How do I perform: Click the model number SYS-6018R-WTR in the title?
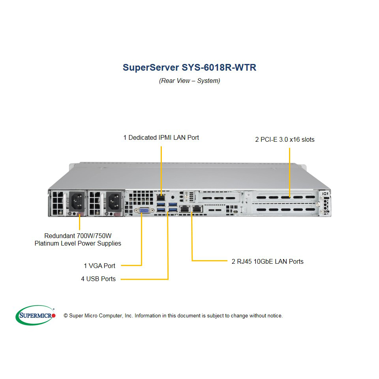click(x=219, y=68)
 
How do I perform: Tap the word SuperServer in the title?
click(x=151, y=68)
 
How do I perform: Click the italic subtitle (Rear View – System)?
click(x=189, y=81)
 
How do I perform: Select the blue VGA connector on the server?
click(x=144, y=210)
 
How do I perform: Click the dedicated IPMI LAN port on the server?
click(x=161, y=198)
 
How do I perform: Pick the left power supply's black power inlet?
click(x=77, y=201)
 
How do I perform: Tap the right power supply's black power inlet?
click(x=114, y=201)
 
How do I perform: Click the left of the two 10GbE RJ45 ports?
click(x=185, y=208)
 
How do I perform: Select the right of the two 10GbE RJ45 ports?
click(x=197, y=208)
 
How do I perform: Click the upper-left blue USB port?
click(x=161, y=205)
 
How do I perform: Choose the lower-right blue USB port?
click(x=173, y=210)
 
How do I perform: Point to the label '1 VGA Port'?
click(x=99, y=266)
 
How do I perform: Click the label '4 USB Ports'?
click(x=98, y=279)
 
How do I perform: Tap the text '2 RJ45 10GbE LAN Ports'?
click(x=268, y=261)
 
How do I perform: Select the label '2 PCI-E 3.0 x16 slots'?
click(x=285, y=139)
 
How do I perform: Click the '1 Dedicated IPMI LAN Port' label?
click(x=161, y=137)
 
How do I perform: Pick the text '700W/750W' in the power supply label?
click(x=94, y=236)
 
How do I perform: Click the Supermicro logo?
click(x=36, y=315)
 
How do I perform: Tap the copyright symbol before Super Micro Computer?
click(x=66, y=316)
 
